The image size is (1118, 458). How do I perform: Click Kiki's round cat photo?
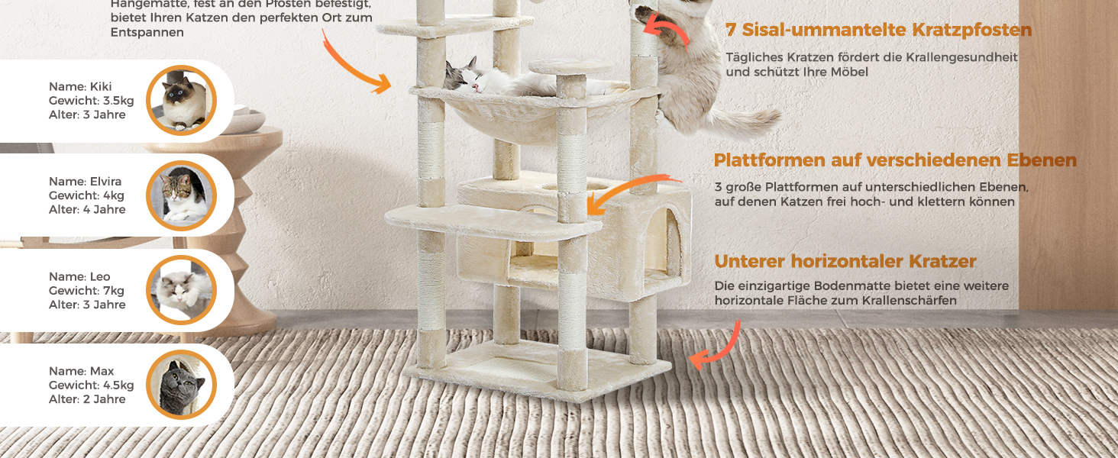click(x=182, y=101)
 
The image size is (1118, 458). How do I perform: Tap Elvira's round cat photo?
click(x=182, y=195)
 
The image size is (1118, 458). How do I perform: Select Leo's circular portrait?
click(x=182, y=290)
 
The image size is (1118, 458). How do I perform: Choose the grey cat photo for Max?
click(x=182, y=385)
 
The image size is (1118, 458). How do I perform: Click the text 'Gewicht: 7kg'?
click(x=86, y=291)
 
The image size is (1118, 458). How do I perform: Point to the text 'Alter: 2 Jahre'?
click(x=87, y=399)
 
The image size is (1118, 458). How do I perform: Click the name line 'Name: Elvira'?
click(x=85, y=182)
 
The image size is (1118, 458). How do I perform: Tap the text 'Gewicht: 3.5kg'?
click(x=91, y=101)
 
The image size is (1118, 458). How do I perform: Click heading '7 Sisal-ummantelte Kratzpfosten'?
click(x=878, y=31)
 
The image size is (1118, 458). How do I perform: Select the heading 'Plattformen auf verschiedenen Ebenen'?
click(x=895, y=161)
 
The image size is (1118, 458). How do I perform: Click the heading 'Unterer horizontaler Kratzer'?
click(x=845, y=262)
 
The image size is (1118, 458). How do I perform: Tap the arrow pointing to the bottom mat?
click(x=717, y=348)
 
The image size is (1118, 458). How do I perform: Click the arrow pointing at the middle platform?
click(x=623, y=193)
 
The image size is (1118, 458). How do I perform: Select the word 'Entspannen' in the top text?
click(x=147, y=33)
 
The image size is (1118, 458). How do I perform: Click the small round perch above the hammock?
click(x=570, y=67)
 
